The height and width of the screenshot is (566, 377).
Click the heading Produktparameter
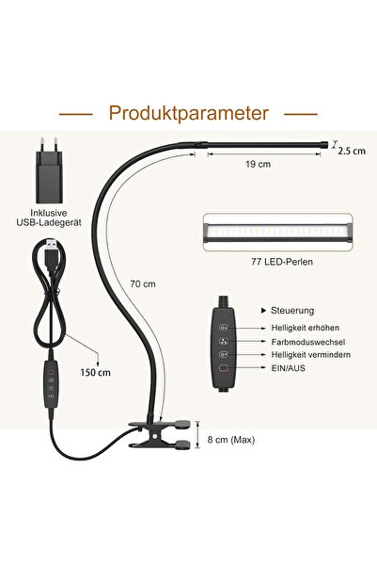click(188, 113)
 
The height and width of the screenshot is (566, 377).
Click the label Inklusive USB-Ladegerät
click(49, 218)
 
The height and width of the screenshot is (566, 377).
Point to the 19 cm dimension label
click(258, 164)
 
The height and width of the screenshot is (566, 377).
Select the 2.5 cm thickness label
click(352, 151)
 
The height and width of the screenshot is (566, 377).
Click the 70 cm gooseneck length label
click(143, 283)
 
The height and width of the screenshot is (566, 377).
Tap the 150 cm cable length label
click(96, 372)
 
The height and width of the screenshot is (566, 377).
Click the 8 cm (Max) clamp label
click(231, 440)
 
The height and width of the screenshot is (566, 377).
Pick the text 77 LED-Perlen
click(282, 262)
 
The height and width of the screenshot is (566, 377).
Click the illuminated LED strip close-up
click(278, 232)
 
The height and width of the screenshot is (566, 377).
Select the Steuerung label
click(292, 311)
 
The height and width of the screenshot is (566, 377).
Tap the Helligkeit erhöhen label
click(306, 328)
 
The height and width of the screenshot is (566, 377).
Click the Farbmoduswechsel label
click(308, 342)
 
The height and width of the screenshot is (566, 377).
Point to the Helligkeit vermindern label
click(310, 355)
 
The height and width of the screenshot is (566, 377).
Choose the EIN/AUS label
click(288, 368)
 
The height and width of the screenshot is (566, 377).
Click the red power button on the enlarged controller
click(224, 368)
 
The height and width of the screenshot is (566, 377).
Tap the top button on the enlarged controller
click(224, 328)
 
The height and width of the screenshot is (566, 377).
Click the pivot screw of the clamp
click(154, 436)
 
